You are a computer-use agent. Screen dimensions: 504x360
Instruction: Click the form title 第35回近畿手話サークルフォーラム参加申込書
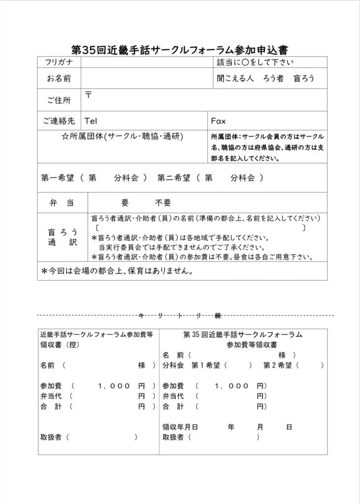(x=180, y=50)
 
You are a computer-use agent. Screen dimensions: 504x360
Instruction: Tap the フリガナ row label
(x=59, y=63)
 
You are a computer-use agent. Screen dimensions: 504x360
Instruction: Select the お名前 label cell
(x=59, y=78)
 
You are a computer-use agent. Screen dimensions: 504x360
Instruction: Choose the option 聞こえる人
(x=233, y=78)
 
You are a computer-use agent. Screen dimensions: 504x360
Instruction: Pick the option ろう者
(x=273, y=78)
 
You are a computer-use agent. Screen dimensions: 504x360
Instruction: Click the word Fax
(x=218, y=121)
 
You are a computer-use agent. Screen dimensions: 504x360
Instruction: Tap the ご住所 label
(x=59, y=100)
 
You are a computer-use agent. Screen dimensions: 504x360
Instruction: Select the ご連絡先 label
(x=59, y=121)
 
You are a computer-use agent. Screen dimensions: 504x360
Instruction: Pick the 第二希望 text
(x=174, y=178)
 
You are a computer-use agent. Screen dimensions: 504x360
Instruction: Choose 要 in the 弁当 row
(x=125, y=203)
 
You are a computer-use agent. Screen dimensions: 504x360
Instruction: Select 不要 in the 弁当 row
(x=163, y=203)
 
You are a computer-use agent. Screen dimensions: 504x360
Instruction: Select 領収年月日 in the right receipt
(x=180, y=427)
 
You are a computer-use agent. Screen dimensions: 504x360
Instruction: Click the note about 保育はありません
(x=117, y=271)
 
